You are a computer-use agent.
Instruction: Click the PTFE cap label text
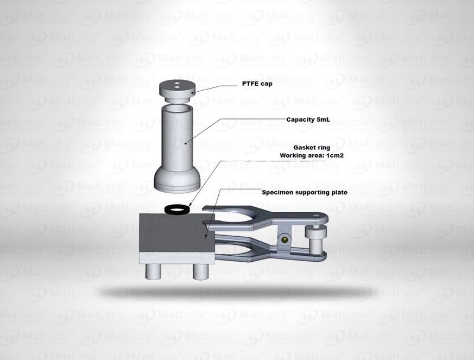[x=257, y=84]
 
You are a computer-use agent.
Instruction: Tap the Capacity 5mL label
[x=308, y=119]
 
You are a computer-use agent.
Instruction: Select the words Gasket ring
[x=312, y=148]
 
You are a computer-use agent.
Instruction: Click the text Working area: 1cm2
[x=311, y=156]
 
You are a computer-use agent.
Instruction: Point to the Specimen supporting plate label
[x=305, y=193]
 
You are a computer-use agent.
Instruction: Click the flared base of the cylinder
[x=177, y=181]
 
